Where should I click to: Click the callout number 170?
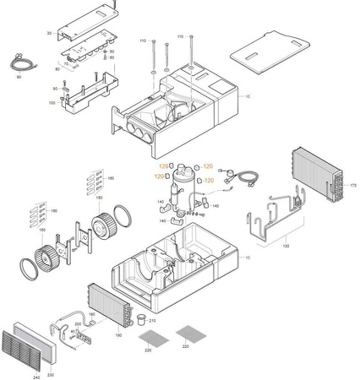coord(353,184)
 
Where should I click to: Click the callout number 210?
coord(152,320)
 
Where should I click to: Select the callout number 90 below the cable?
coord(18,77)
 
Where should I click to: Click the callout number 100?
coord(52,102)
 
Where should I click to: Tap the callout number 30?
coord(50,32)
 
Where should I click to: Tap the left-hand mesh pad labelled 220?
coord(149,334)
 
